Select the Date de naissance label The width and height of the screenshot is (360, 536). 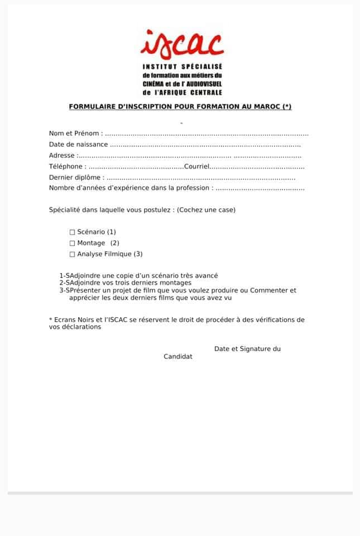click(78, 145)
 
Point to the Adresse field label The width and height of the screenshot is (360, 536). click(63, 156)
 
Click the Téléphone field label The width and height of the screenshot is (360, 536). click(67, 166)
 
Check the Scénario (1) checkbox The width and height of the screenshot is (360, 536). click(72, 232)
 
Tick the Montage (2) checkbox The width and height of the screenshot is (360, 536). click(72, 243)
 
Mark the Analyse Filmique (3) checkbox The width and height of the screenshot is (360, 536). click(72, 254)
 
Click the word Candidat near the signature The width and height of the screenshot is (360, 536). click(178, 356)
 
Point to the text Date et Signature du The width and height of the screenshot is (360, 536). click(247, 349)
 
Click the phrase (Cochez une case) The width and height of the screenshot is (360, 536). click(206, 210)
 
